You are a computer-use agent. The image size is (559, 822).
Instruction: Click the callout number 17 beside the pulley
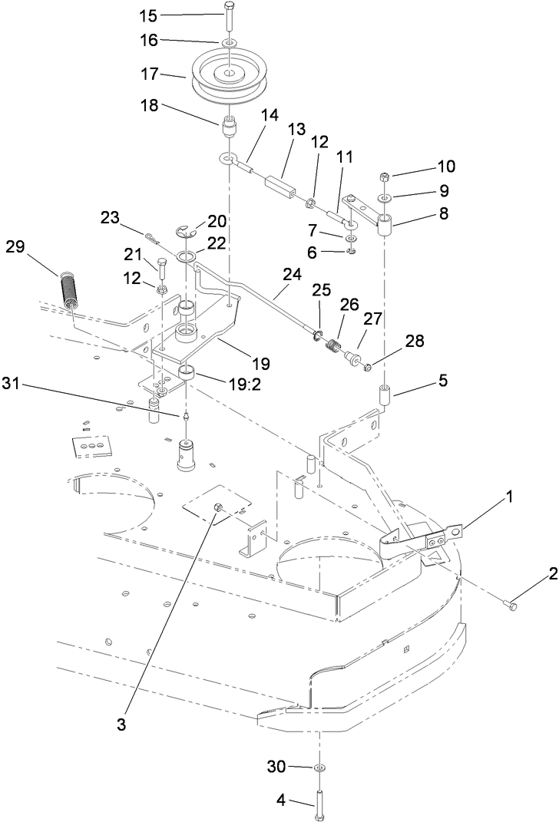click(148, 74)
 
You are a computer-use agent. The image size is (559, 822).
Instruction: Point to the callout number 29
click(16, 246)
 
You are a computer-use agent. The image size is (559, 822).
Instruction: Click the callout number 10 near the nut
click(425, 166)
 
